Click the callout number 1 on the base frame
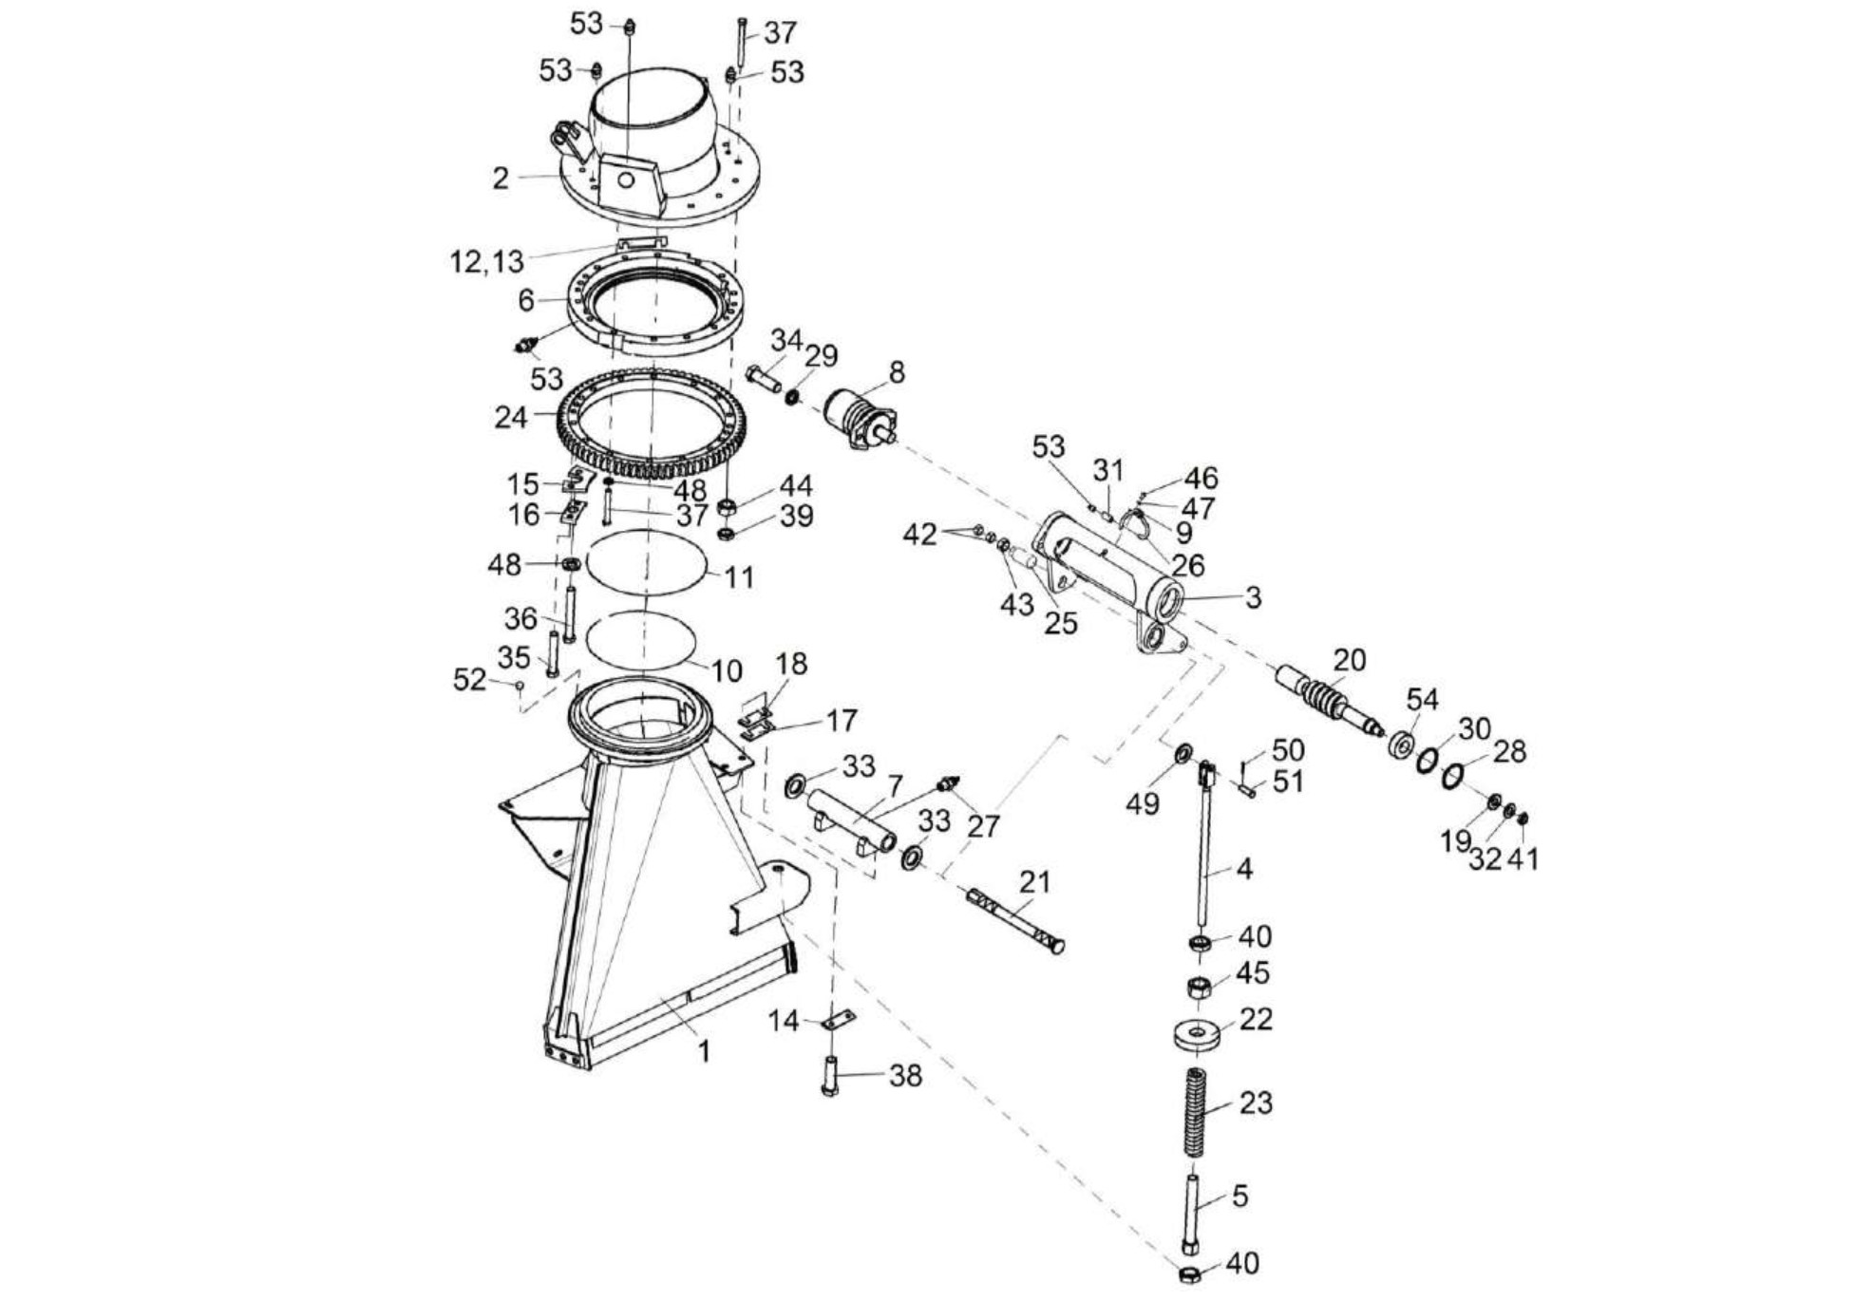(x=704, y=1051)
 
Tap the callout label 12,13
(x=486, y=261)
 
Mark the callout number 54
(x=1422, y=700)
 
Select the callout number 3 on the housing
(x=1253, y=597)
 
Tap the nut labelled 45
(x=1199, y=987)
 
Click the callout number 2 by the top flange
(x=501, y=178)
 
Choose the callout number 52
(x=469, y=680)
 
